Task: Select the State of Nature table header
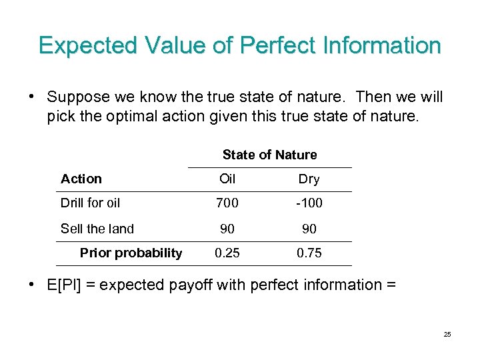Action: pyautogui.click(x=269, y=155)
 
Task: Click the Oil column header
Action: pyautogui.click(x=227, y=179)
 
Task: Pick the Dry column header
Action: pyautogui.click(x=309, y=179)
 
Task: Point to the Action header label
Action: pyautogui.click(x=81, y=179)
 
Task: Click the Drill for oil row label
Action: pyautogui.click(x=91, y=203)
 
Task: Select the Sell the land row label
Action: pyautogui.click(x=97, y=229)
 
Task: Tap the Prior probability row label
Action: pyautogui.click(x=131, y=253)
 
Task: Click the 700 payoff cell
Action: pyautogui.click(x=227, y=203)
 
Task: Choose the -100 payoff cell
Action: pyautogui.click(x=309, y=203)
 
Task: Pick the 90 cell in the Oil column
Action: pyautogui.click(x=227, y=229)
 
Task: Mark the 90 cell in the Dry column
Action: pyautogui.click(x=309, y=229)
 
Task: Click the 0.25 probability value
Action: pyautogui.click(x=227, y=253)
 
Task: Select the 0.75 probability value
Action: pyautogui.click(x=309, y=253)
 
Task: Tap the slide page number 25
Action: pyautogui.click(x=447, y=334)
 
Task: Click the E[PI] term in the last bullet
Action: pyautogui.click(x=65, y=285)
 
